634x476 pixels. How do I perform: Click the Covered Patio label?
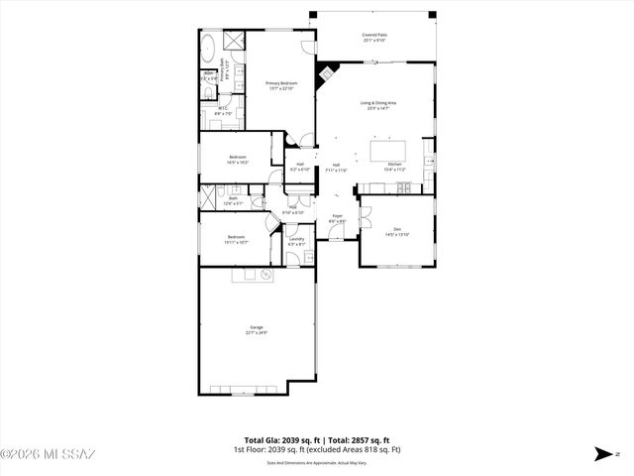(x=374, y=37)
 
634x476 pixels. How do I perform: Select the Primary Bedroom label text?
(x=281, y=85)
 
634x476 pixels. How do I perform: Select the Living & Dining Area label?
(x=377, y=104)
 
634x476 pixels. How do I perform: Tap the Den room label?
(x=396, y=231)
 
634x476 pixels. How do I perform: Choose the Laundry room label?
(x=296, y=240)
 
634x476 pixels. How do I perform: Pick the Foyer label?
(x=337, y=217)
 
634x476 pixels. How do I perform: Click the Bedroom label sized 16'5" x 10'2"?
(x=238, y=159)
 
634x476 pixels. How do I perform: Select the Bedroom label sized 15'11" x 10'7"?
(x=236, y=238)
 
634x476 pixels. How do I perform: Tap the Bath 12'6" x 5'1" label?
(x=233, y=200)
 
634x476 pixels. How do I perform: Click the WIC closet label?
(x=223, y=111)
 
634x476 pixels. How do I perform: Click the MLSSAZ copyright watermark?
(x=48, y=455)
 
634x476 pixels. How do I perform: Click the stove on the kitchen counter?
(x=427, y=159)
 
